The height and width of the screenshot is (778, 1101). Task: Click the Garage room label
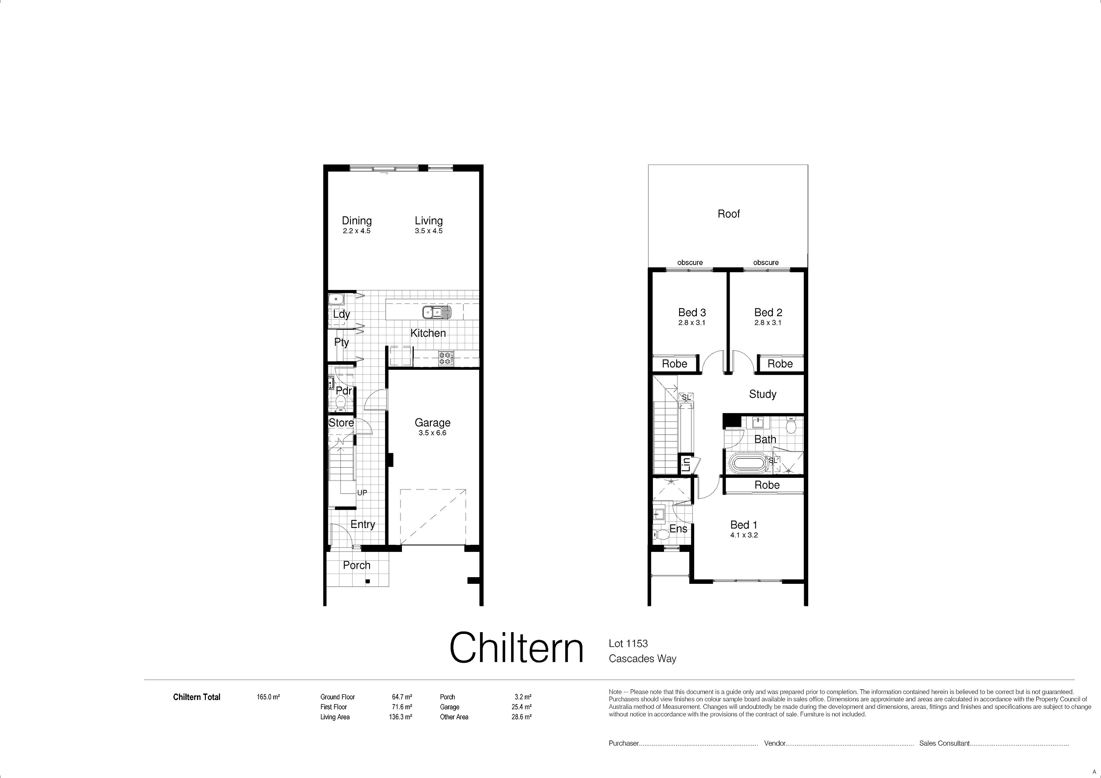(x=433, y=423)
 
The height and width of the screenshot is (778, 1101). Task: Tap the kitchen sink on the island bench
(x=437, y=313)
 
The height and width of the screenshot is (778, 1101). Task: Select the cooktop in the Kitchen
(x=445, y=359)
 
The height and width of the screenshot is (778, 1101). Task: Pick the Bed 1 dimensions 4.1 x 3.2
(x=744, y=536)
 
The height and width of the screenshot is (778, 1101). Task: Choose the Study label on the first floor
(x=763, y=395)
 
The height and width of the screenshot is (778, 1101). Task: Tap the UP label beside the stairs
(x=362, y=493)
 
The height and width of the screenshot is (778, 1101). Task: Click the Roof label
(x=728, y=214)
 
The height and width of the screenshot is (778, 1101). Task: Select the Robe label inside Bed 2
(x=780, y=364)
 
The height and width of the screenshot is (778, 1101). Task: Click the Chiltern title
(x=516, y=648)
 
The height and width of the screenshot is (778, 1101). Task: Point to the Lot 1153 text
(x=628, y=644)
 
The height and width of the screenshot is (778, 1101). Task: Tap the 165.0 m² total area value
(x=268, y=697)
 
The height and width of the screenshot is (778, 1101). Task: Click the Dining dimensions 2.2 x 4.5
(x=357, y=231)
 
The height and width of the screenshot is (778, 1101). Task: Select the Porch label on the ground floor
(x=357, y=566)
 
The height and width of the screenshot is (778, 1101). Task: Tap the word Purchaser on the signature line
(x=624, y=743)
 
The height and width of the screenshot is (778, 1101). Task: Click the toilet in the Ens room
(x=661, y=534)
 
